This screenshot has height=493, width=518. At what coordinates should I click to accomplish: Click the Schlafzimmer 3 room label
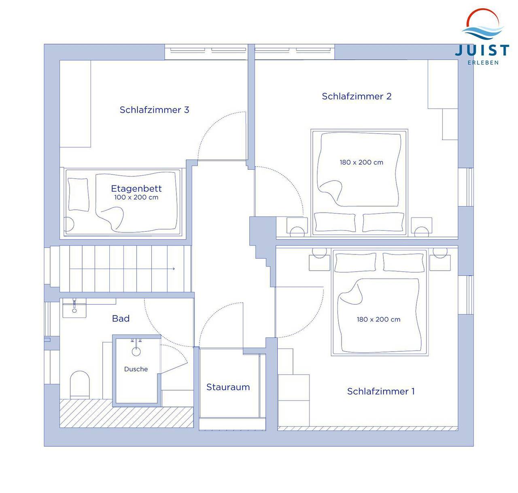pos(155,110)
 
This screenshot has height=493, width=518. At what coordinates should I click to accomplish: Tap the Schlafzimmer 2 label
pos(357,96)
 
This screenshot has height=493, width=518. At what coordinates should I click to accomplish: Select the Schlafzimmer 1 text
pos(381,391)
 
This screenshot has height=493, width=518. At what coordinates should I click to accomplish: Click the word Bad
pos(121,318)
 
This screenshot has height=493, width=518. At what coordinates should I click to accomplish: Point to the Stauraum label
pos(228,387)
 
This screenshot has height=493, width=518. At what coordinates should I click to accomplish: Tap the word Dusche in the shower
pos(136,369)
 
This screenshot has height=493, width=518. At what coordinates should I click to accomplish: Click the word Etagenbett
pos(136,188)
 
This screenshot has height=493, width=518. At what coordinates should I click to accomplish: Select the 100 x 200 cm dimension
pos(136,197)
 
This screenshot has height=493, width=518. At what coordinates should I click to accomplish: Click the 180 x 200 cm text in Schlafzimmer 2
pos(361,162)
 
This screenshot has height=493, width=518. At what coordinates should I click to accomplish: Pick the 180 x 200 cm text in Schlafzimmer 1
pos(378,320)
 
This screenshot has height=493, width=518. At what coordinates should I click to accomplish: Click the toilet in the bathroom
pos(80,384)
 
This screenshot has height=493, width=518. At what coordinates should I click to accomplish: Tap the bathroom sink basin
pos(74,308)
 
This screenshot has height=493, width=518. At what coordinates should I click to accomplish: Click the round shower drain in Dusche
pos(136,352)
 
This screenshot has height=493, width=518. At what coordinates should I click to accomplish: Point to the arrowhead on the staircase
pos(173,269)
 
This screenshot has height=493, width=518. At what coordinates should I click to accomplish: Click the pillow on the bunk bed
pos(78,194)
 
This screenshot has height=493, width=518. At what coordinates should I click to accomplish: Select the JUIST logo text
pos(482,50)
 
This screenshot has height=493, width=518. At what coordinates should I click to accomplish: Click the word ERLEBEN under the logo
pos(483,63)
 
